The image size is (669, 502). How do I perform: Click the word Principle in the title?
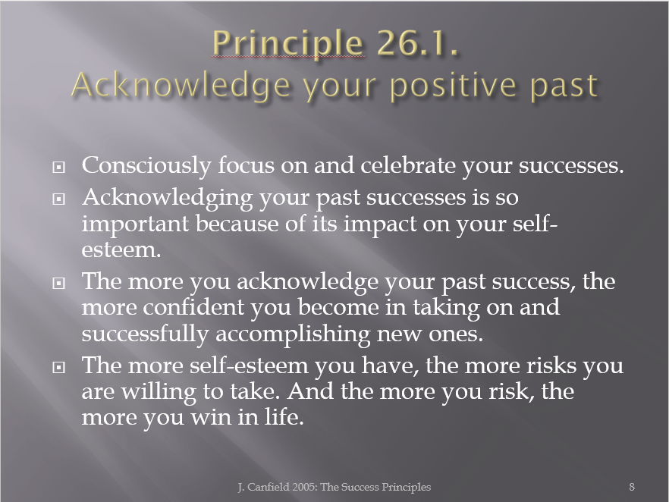(288, 44)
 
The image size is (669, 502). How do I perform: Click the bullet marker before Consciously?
(58, 167)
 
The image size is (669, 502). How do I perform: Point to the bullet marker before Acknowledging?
(58, 199)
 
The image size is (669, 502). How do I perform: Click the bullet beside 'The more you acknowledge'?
(58, 283)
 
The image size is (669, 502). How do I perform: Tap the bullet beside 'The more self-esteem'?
(58, 367)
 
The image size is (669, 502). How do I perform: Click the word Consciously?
(146, 166)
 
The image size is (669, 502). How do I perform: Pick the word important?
(135, 224)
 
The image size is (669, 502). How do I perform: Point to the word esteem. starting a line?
(121, 250)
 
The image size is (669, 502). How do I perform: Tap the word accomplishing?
(293, 334)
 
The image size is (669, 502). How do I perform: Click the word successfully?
(145, 334)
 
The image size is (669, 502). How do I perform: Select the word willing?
(159, 392)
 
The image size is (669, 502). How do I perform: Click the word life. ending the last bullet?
(284, 416)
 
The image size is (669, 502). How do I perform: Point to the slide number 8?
(632, 487)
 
